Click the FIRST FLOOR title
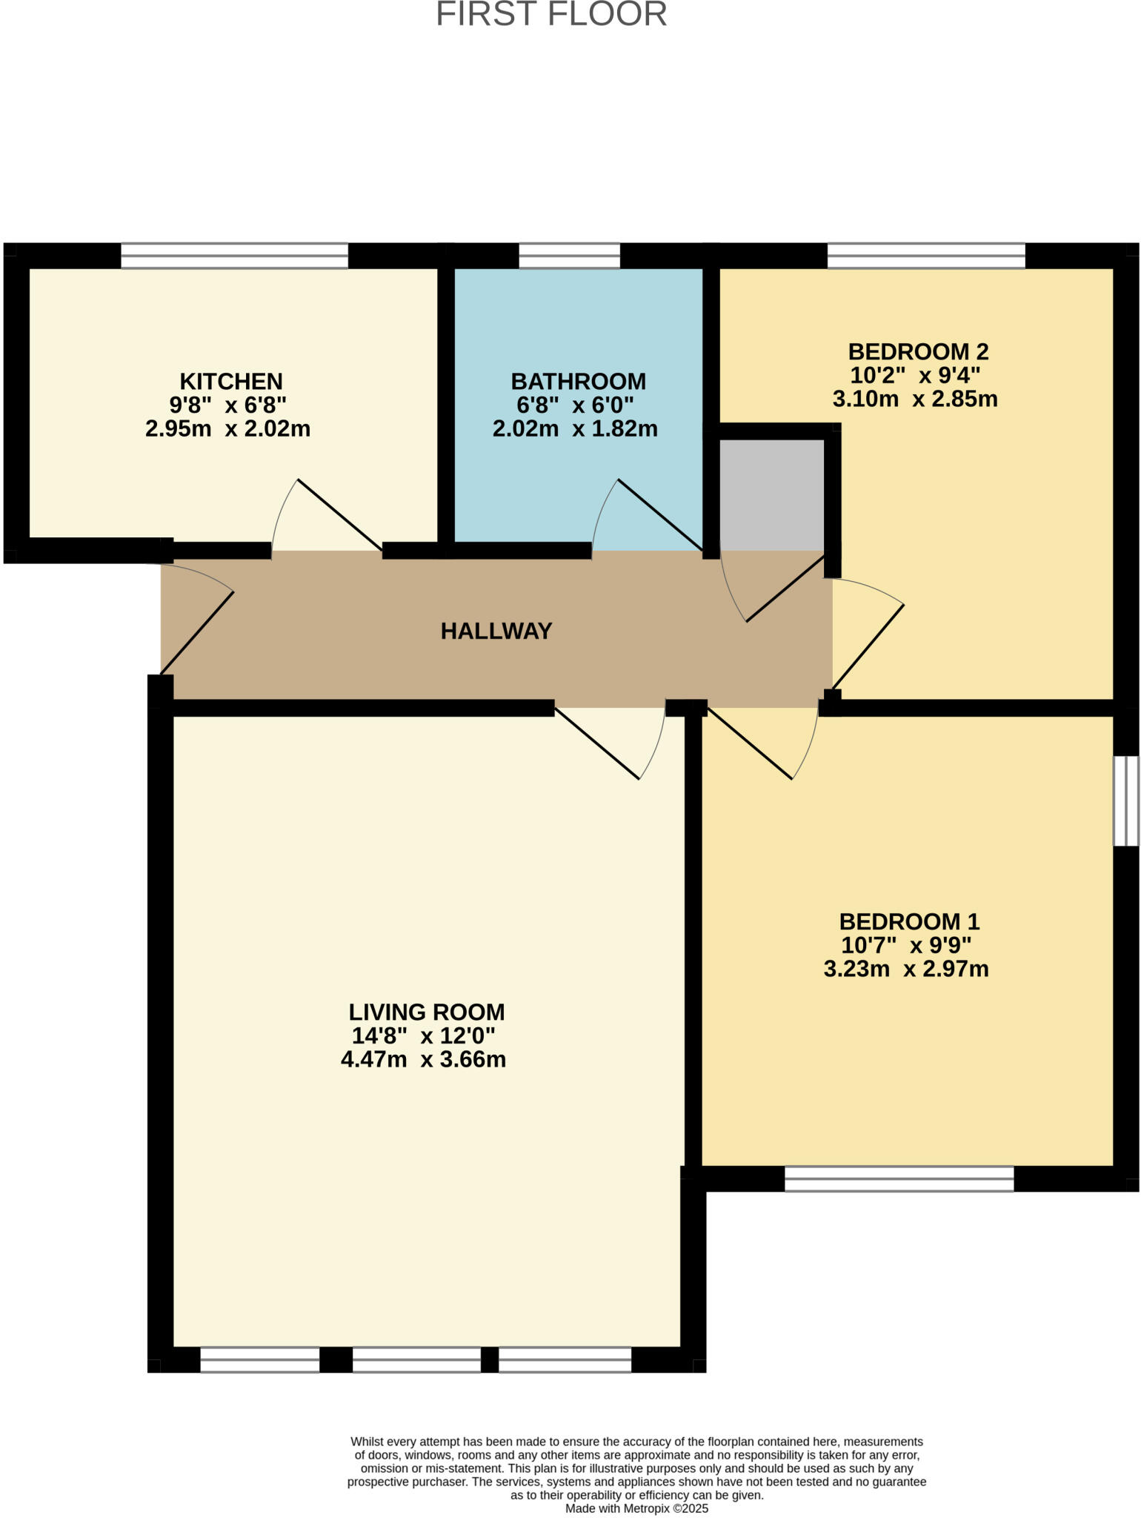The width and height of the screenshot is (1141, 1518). pyautogui.click(x=551, y=14)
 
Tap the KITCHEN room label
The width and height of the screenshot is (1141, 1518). pyautogui.click(x=231, y=381)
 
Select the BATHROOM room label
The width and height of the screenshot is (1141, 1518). pyautogui.click(x=578, y=381)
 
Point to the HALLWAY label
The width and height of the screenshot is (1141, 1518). pyautogui.click(x=496, y=631)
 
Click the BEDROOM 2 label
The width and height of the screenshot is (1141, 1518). pyautogui.click(x=918, y=351)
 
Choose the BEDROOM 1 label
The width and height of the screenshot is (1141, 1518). pyautogui.click(x=909, y=921)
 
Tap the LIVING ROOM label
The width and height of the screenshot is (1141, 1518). pyautogui.click(x=427, y=1012)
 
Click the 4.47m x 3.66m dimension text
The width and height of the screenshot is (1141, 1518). pyautogui.click(x=423, y=1059)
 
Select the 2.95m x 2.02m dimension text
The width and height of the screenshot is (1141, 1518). pyautogui.click(x=227, y=428)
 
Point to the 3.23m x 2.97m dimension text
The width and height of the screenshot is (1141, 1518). pyautogui.click(x=906, y=969)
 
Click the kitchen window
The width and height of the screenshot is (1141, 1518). pyautogui.click(x=234, y=256)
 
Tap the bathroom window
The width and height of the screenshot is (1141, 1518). pyautogui.click(x=569, y=256)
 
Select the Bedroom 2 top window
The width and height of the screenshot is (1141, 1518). pyautogui.click(x=926, y=256)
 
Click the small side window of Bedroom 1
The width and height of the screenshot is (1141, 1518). pyautogui.click(x=1126, y=801)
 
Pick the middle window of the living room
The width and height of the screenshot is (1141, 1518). pyautogui.click(x=416, y=1359)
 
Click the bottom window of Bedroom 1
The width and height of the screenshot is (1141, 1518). pyautogui.click(x=899, y=1179)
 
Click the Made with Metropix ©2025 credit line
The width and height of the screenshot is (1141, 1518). pyautogui.click(x=636, y=1508)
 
